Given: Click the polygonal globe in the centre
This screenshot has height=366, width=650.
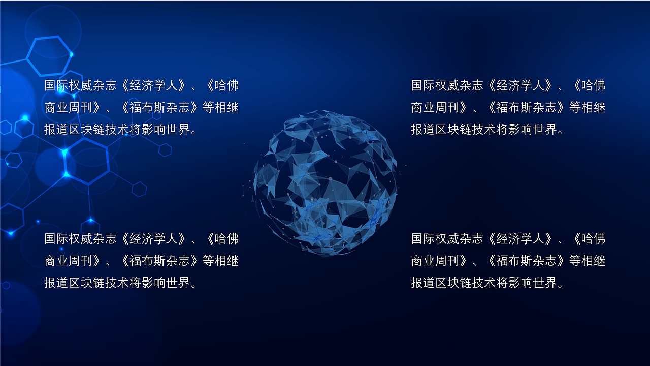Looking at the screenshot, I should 325,183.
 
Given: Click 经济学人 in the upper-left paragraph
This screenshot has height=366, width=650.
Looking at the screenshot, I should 155,85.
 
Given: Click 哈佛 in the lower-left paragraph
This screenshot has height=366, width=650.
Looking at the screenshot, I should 226,239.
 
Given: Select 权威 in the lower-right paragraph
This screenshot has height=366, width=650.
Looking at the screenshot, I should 447,239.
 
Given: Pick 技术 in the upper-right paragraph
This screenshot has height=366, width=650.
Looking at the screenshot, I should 484,130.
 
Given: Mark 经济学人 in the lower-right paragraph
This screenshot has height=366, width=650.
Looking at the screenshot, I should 522,239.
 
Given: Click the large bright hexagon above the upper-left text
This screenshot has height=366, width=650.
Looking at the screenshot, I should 49,55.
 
